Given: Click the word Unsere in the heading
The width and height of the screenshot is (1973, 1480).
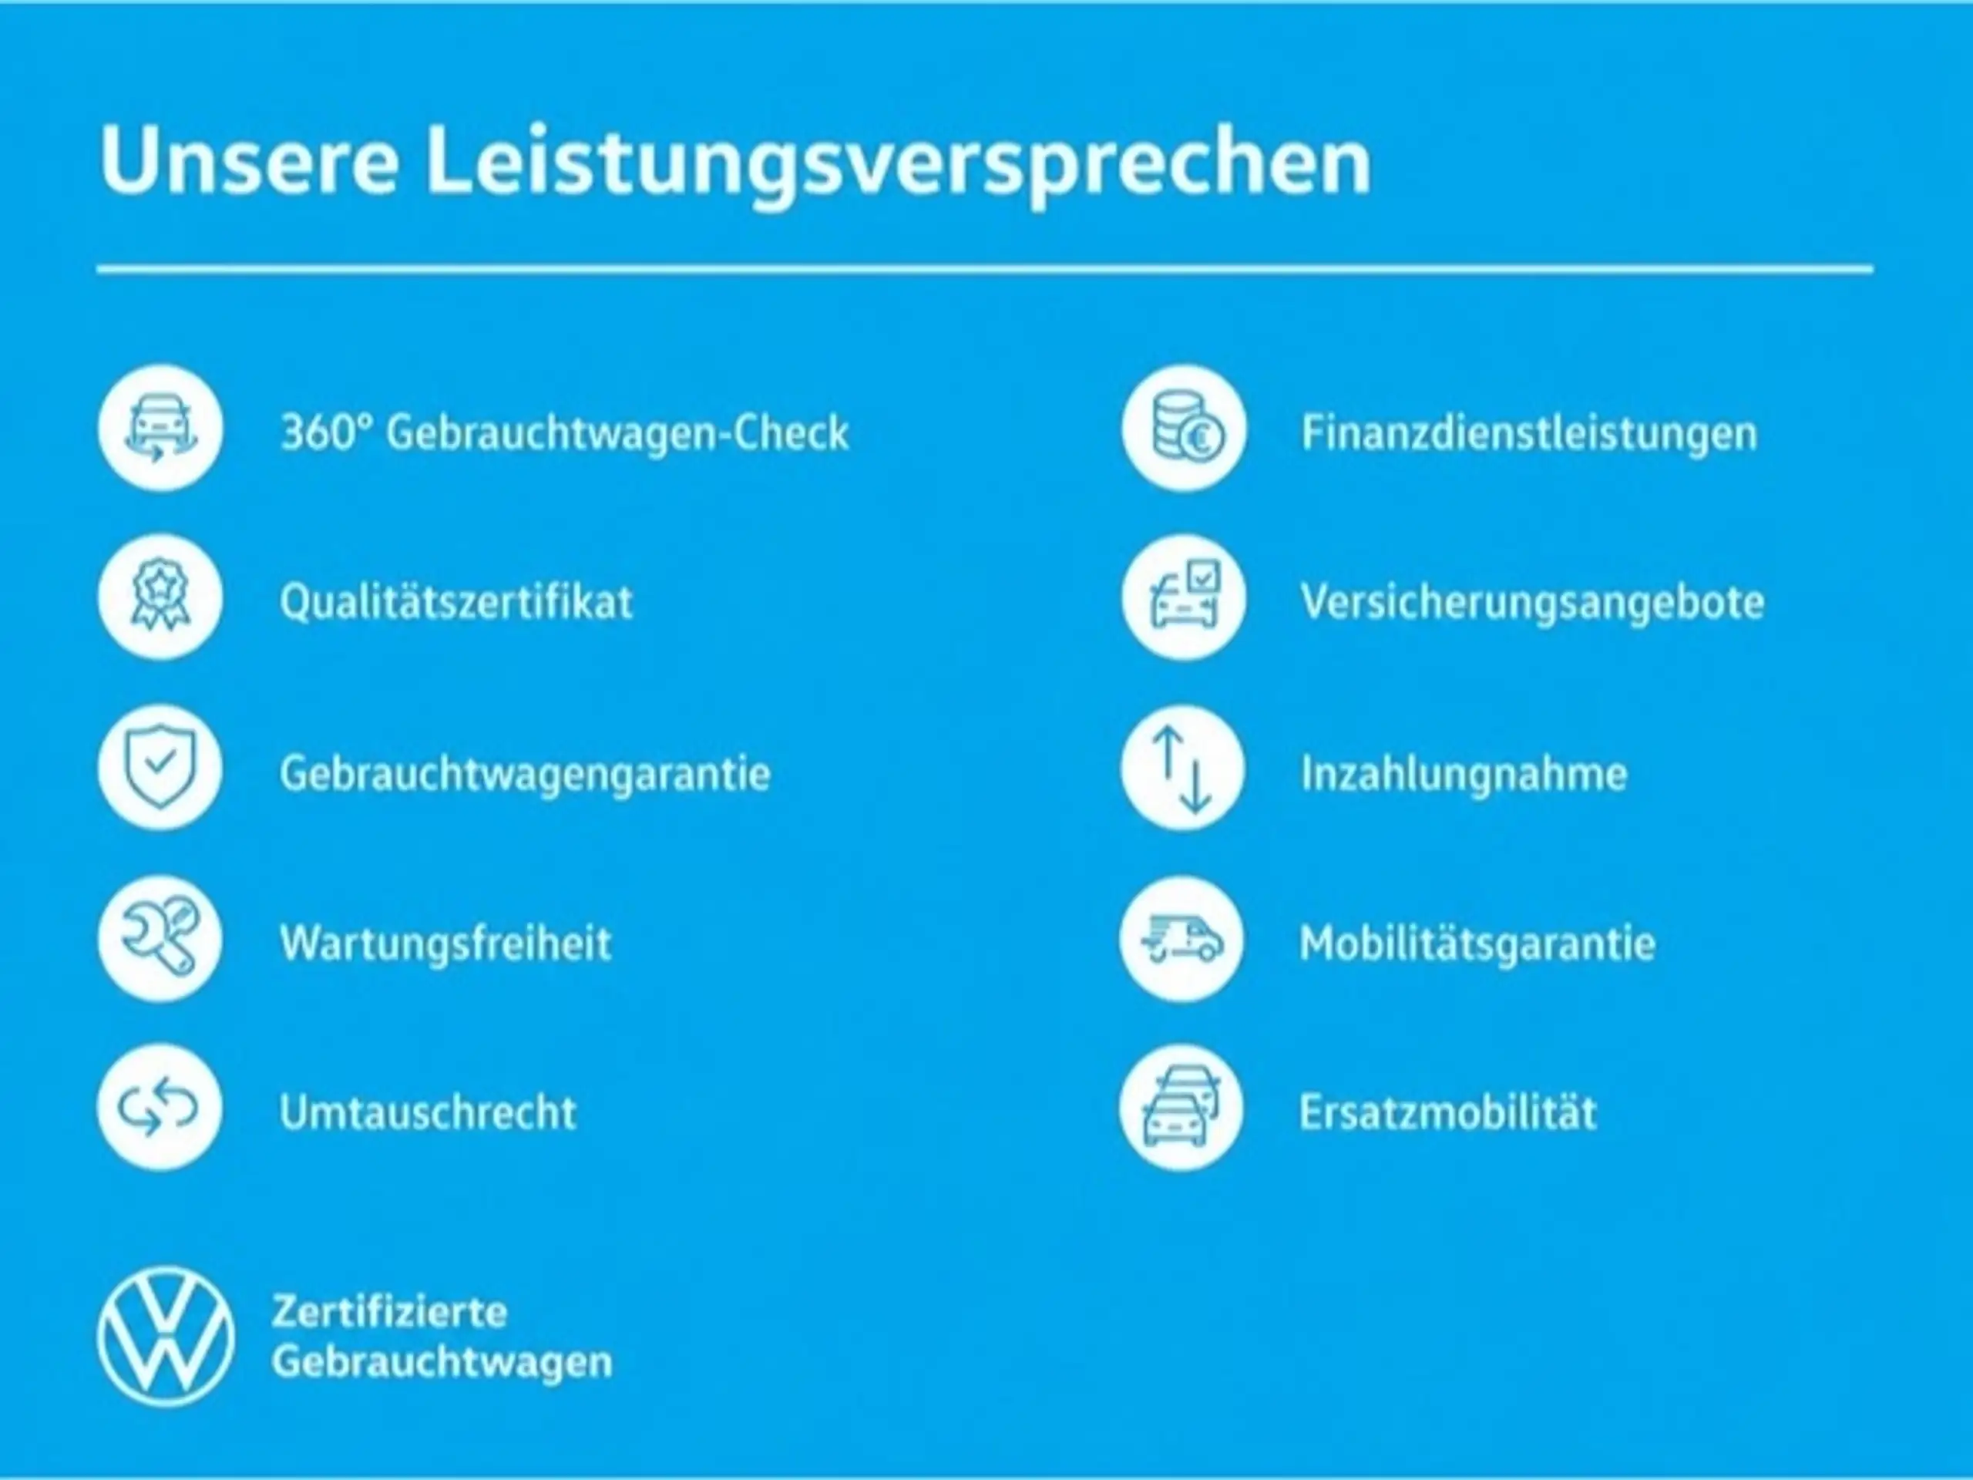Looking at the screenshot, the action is coord(249,160).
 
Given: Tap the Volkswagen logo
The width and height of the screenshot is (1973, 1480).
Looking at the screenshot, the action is coord(165,1337).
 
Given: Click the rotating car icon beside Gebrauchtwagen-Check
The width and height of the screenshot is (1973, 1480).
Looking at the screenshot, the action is coord(160,429).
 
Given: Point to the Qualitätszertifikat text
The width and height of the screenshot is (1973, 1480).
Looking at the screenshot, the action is coord(455,601).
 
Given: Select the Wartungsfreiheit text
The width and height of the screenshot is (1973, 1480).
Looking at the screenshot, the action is coord(446,943).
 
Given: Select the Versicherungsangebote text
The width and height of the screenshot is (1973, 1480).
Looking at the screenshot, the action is coord(1532,603).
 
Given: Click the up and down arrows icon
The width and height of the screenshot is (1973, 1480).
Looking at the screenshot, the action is coord(1183,768).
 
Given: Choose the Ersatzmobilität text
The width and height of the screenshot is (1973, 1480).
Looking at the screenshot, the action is coord(1447,1112).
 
